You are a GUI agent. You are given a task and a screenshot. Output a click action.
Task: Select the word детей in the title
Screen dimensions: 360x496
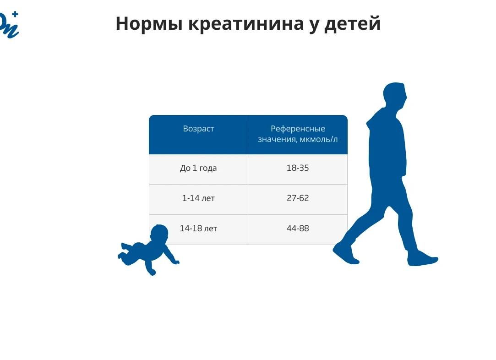pos(352,24)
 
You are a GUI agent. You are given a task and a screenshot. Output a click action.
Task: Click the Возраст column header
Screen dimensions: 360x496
pos(198,129)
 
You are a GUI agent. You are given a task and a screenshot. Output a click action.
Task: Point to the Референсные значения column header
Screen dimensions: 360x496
pos(298,134)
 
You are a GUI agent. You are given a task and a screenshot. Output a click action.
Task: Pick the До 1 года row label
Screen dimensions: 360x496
pos(198,168)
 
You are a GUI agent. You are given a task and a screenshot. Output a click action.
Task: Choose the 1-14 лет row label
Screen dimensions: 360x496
pos(198,198)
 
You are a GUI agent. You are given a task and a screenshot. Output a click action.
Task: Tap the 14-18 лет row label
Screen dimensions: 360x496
pos(198,228)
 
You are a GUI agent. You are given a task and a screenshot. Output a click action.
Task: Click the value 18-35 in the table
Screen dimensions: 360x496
pos(298,168)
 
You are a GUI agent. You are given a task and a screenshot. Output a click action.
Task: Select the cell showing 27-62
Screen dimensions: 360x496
pos(298,198)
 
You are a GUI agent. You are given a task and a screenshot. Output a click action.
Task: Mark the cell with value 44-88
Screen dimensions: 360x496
pos(298,228)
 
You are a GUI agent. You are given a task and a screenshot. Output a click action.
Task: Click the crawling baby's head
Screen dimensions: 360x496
pos(159,235)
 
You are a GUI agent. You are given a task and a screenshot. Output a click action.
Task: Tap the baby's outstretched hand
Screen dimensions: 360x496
pos(175,262)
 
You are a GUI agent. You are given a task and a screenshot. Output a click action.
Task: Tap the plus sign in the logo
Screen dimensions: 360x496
pos(15,14)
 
